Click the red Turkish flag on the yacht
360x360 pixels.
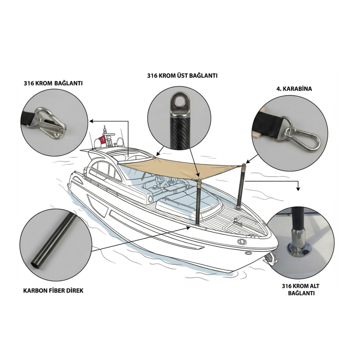click(102, 140)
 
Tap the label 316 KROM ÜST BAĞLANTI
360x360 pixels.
click(182, 76)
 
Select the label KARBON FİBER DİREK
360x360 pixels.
click(53, 291)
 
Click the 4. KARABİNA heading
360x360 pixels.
click(294, 89)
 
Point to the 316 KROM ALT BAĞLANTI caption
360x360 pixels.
click(301, 289)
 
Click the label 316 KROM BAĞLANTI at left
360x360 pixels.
click(53, 83)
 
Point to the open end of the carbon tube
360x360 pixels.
click(35, 265)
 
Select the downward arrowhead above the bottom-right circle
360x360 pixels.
click(298, 189)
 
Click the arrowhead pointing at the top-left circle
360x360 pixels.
click(91, 121)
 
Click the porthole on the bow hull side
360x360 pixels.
click(241, 242)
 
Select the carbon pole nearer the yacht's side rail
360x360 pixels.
click(198, 202)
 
